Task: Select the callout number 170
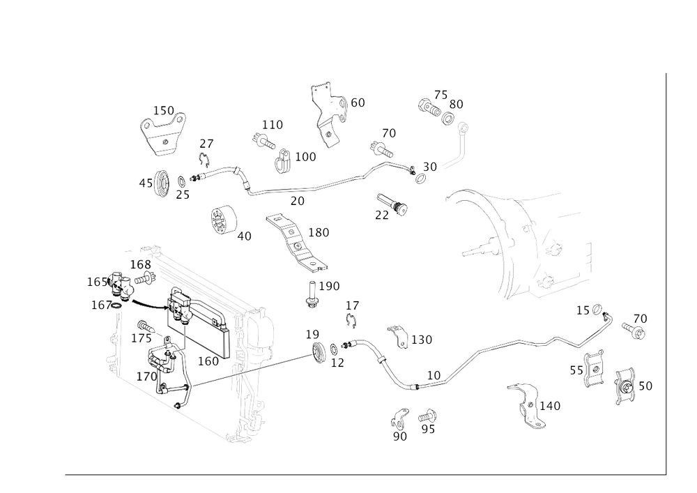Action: click(146, 377)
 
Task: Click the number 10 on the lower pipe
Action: click(436, 375)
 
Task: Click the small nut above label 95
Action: click(430, 416)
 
